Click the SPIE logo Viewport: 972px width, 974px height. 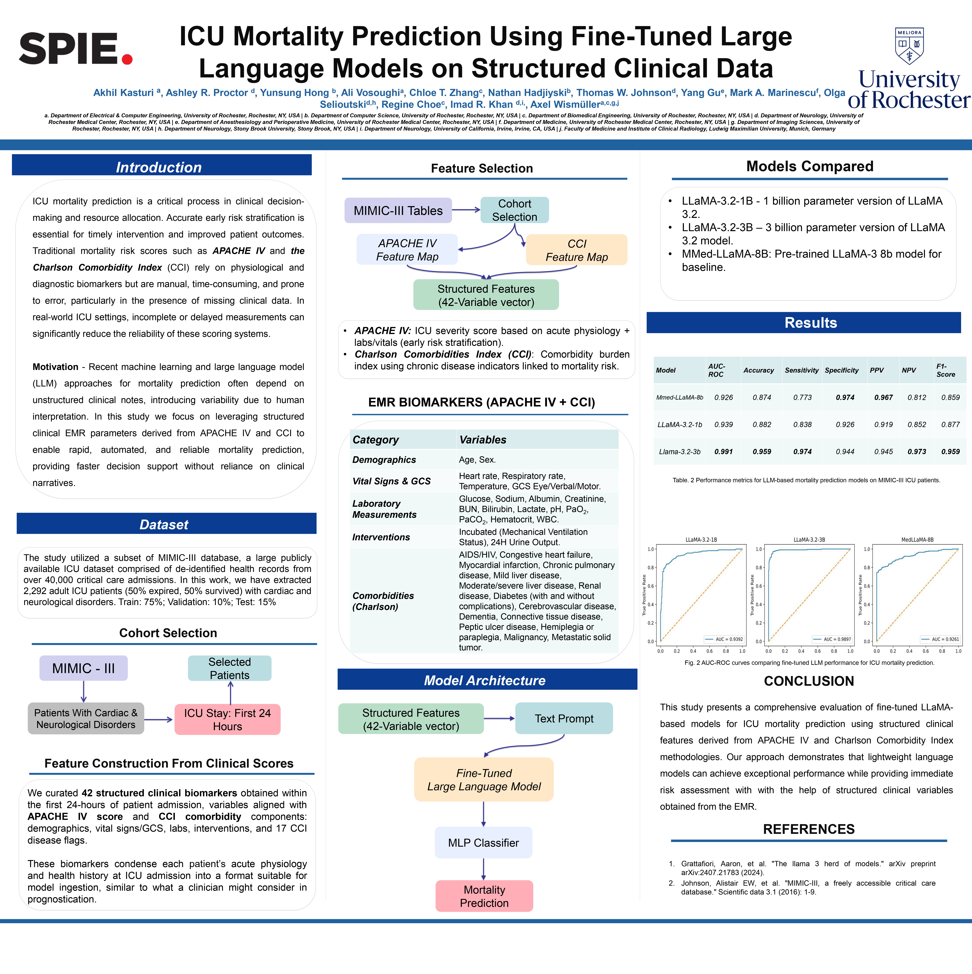(x=76, y=49)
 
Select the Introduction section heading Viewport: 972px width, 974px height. (x=159, y=167)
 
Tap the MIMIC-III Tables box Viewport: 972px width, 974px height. (x=398, y=211)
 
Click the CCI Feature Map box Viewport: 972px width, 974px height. (x=577, y=250)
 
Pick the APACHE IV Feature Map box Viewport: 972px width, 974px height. (x=407, y=250)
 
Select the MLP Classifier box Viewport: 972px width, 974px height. (x=483, y=842)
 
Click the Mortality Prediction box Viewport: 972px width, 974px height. (x=484, y=896)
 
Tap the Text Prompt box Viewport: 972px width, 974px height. (x=564, y=718)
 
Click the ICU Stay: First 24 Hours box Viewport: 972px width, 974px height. (x=228, y=719)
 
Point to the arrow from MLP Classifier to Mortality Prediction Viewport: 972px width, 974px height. (x=483, y=869)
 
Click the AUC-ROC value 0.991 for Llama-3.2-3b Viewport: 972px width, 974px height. (x=723, y=452)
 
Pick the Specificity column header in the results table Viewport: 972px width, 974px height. (x=841, y=370)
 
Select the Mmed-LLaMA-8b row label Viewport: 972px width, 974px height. (x=679, y=397)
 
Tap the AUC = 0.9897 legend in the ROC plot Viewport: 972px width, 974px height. (x=833, y=639)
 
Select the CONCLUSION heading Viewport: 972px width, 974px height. (x=809, y=681)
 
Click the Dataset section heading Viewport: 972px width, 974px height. (x=164, y=524)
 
